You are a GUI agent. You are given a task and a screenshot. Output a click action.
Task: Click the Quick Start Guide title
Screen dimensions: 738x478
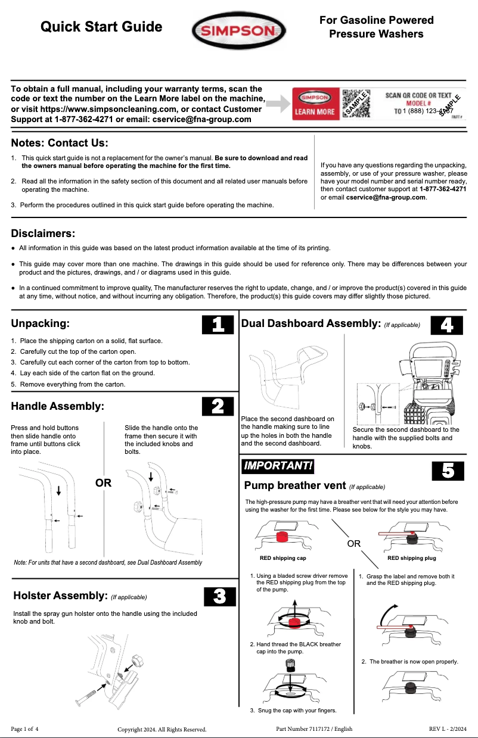[x=101, y=27]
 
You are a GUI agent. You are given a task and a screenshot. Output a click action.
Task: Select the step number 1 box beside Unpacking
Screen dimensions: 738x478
[x=218, y=325]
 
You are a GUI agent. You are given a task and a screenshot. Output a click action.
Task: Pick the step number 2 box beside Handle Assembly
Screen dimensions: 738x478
[x=218, y=406]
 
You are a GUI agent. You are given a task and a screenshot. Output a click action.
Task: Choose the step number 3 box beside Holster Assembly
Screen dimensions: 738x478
[x=219, y=596]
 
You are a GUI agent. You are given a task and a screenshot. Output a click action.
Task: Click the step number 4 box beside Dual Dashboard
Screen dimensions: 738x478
[x=446, y=325]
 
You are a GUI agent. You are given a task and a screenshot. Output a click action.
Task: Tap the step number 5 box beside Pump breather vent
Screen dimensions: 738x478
[x=448, y=471]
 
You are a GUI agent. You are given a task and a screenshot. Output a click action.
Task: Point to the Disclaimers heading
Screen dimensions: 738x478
[x=44, y=233]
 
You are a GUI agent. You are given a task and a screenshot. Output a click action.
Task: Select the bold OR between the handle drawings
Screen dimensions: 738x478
[x=104, y=483]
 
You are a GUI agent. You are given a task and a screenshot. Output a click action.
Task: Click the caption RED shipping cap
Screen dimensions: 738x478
[x=283, y=559]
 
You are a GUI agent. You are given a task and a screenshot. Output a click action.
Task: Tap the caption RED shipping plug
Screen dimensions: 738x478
[x=411, y=559]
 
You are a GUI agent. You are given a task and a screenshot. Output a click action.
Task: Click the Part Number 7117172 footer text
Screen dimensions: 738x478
[x=314, y=729]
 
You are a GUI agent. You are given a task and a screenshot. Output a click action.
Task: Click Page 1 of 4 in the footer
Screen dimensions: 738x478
[x=25, y=729]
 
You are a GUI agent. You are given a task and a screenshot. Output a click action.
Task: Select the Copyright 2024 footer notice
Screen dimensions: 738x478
[x=162, y=729]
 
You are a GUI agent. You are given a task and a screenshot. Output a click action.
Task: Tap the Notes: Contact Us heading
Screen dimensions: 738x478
[x=60, y=143]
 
